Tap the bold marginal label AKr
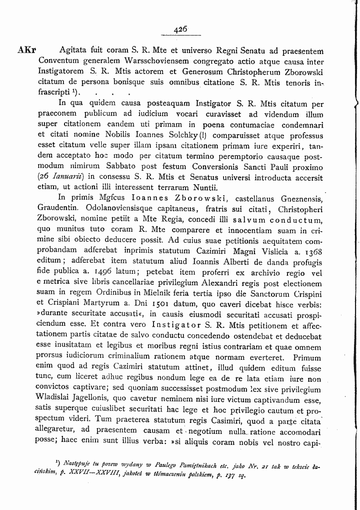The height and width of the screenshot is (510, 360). [x=26, y=50]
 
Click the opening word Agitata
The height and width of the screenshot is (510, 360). [x=73, y=50]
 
